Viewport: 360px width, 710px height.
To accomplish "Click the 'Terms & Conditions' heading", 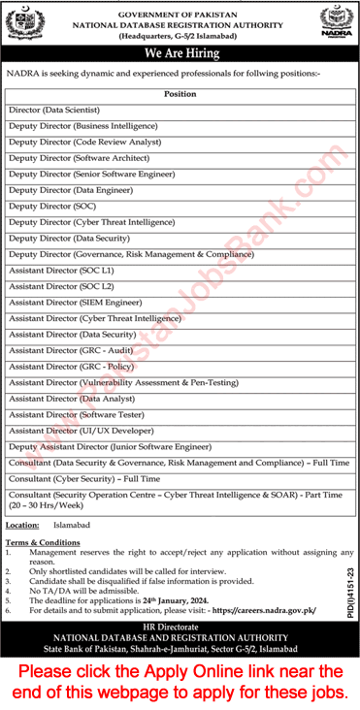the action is click(x=43, y=542).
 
